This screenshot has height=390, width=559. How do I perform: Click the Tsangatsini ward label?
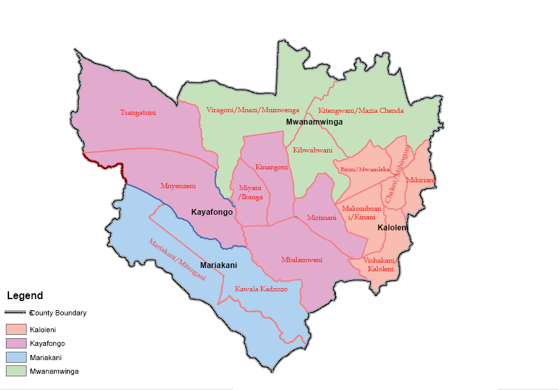(x=138, y=112)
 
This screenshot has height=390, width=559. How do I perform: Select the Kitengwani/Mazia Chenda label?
(x=360, y=110)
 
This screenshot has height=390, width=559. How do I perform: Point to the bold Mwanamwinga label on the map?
(x=314, y=122)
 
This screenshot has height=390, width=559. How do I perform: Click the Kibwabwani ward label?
(x=313, y=150)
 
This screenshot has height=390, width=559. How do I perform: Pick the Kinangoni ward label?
(x=271, y=167)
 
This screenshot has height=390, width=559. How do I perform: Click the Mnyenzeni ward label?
(x=178, y=186)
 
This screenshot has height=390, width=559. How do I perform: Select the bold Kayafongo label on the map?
(x=212, y=212)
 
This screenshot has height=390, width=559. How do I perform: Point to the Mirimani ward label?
(x=322, y=217)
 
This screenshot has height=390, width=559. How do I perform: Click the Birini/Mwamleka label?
(x=365, y=169)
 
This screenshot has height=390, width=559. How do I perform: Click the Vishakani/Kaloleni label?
(x=380, y=264)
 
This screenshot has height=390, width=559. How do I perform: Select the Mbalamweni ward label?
(x=302, y=260)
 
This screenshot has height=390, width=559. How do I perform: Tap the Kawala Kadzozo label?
(x=261, y=289)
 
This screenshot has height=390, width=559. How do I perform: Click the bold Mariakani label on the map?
(x=218, y=265)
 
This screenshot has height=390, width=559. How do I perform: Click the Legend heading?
(x=25, y=296)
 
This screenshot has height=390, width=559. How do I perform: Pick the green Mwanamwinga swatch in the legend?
(x=16, y=371)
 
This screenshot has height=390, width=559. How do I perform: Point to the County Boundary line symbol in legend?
(x=16, y=313)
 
